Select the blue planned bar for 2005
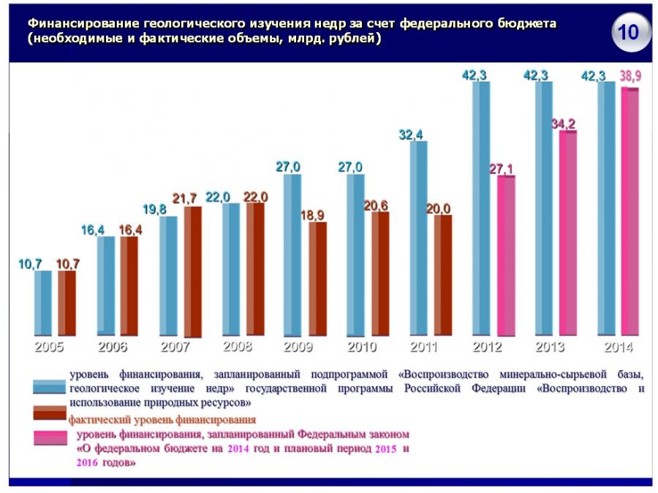[43, 302]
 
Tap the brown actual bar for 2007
[192, 271]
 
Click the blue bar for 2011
[418, 238]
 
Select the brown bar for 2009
[317, 278]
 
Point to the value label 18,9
[313, 215]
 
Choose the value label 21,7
[186, 199]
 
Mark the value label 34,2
[563, 124]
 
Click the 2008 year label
[237, 347]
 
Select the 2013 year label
[550, 347]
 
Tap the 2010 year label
[361, 347]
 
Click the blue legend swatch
[50, 387]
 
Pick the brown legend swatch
[50, 415]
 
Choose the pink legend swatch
[50, 439]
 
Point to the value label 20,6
[376, 206]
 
